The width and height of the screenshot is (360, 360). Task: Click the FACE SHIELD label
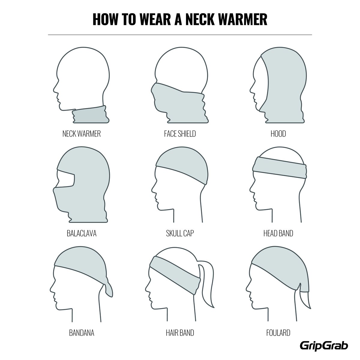pyautogui.click(x=180, y=134)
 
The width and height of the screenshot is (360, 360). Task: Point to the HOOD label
pyautogui.click(x=278, y=134)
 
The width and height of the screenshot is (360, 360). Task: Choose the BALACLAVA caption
pyautogui.click(x=82, y=233)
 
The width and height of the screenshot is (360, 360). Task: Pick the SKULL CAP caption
pyautogui.click(x=180, y=233)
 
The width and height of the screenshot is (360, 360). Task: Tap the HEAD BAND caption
pyautogui.click(x=278, y=233)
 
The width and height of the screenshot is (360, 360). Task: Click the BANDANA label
pyautogui.click(x=82, y=333)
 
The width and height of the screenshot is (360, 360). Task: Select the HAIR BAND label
pyautogui.click(x=180, y=333)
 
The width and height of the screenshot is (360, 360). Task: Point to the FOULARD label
pyautogui.click(x=278, y=333)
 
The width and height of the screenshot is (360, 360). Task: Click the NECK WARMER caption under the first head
pyautogui.click(x=82, y=134)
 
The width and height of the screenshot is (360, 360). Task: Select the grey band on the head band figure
pyautogui.click(x=280, y=168)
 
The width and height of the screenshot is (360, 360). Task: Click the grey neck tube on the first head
pyautogui.click(x=91, y=115)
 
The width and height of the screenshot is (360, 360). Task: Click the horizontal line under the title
pyautogui.click(x=180, y=35)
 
